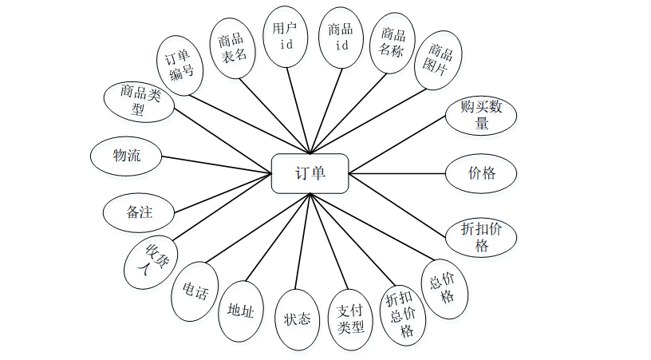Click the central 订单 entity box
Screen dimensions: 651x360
(310, 173)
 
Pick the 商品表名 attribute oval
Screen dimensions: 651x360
(231, 47)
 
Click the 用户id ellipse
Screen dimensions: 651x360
(285, 36)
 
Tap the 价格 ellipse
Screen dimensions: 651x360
(480, 172)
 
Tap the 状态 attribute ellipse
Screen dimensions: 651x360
(297, 318)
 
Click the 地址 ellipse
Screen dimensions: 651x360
(240, 311)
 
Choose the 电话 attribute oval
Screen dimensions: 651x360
(194, 291)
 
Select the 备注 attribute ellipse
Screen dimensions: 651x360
(138, 213)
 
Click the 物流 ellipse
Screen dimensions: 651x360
(126, 156)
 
